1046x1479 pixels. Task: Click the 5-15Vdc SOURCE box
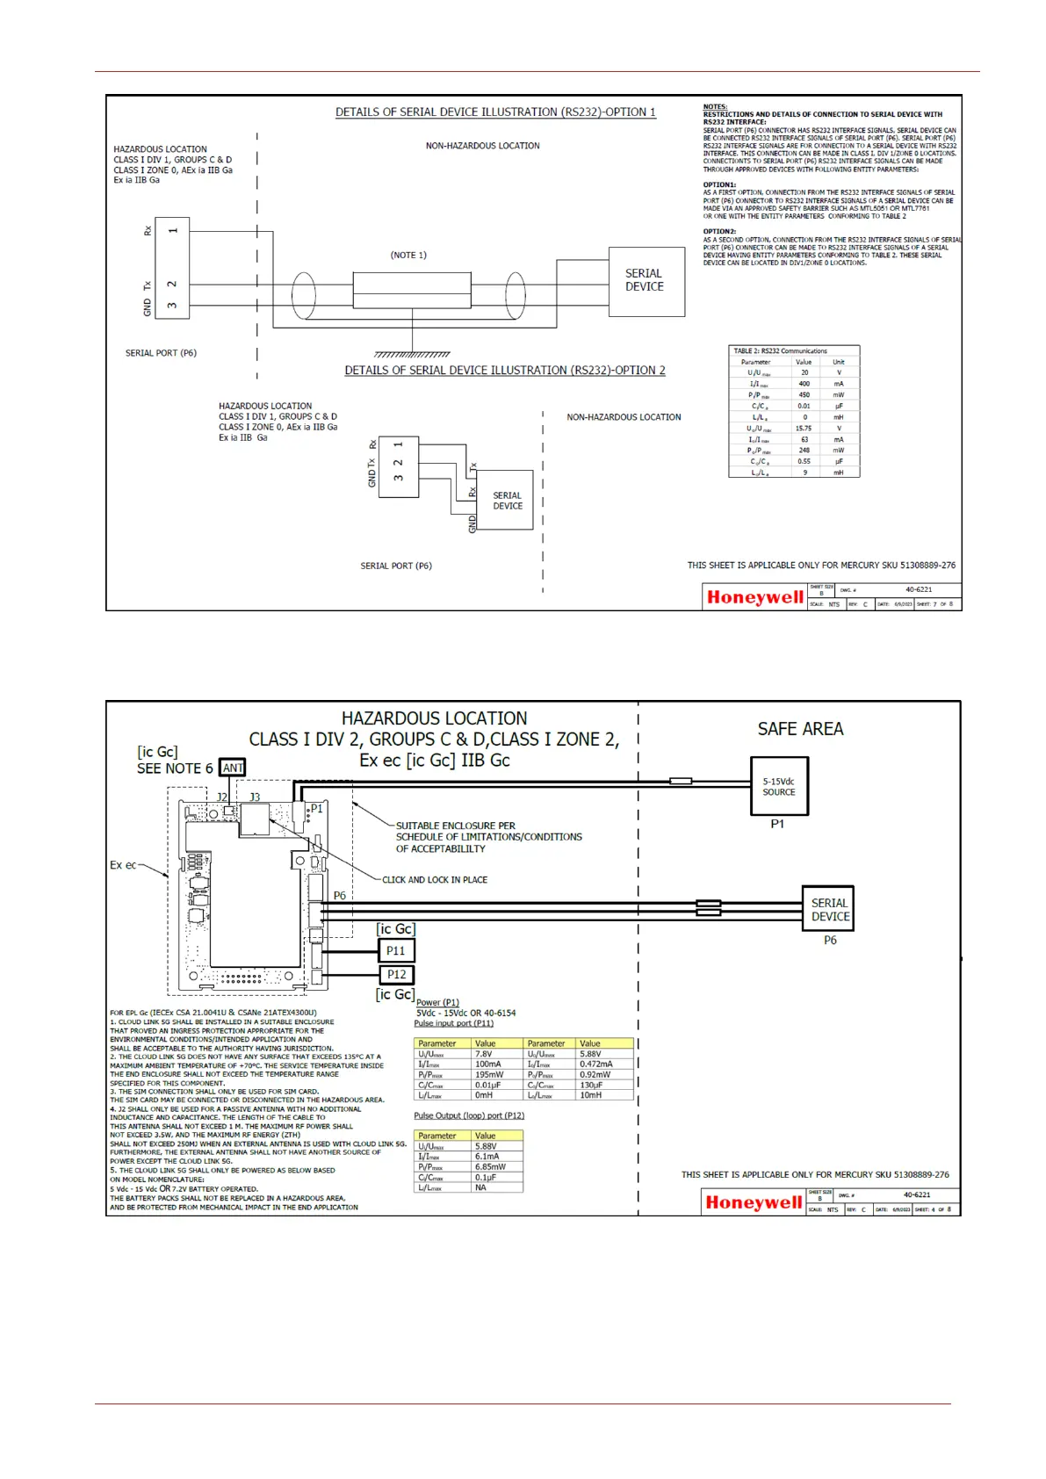point(779,786)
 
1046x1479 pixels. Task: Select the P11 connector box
point(396,950)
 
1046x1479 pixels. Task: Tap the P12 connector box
point(396,974)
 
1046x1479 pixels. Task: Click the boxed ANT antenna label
point(233,768)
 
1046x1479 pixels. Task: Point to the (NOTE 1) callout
point(408,255)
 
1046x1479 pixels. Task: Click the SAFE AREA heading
point(800,729)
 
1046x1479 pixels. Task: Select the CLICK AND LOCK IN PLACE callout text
point(435,879)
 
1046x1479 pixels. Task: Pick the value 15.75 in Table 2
point(804,429)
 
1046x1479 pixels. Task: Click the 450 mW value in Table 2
point(804,395)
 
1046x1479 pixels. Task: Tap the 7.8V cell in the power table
point(484,1054)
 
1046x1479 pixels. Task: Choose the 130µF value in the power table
point(590,1085)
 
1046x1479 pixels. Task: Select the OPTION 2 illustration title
point(505,371)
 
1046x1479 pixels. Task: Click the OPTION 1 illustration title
point(495,112)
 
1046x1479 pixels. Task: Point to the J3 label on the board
point(255,797)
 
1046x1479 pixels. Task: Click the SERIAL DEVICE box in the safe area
point(829,909)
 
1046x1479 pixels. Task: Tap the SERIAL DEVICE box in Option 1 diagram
point(646,280)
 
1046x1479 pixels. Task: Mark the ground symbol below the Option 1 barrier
point(412,353)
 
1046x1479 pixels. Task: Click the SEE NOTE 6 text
point(175,768)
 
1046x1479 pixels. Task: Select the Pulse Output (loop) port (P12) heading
point(469,1115)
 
